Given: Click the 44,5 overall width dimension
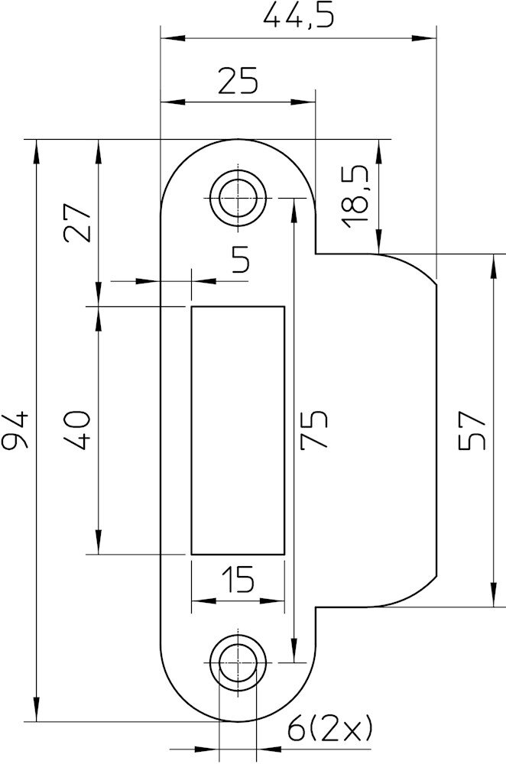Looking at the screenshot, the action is [x=298, y=16].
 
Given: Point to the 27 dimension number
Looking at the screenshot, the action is [x=76, y=222].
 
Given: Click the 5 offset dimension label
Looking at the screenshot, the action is [x=241, y=259].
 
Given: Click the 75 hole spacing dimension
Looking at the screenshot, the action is [x=313, y=429].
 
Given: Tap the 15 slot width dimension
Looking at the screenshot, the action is [x=238, y=579].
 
